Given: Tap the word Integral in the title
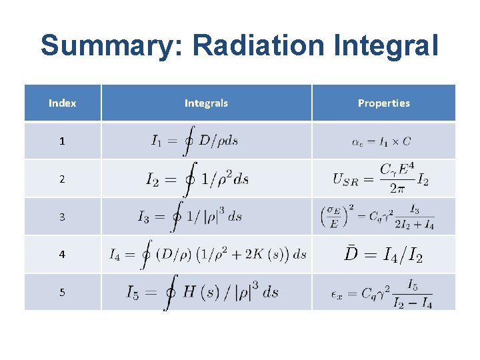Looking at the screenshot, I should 394,46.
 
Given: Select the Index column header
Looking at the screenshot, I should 63,103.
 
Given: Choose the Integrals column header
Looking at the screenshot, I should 206,103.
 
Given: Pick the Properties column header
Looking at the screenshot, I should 384,103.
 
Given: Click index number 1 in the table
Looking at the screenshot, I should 62,141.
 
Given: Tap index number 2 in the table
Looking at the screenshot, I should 62,179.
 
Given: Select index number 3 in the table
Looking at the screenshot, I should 62,217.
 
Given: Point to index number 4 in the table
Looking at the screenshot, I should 62,254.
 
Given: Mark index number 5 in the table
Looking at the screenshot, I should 62,292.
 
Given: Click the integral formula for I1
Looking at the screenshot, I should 195,141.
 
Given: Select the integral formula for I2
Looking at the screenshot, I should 197,179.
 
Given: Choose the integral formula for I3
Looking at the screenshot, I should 190,217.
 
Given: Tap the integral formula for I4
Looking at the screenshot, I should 207,254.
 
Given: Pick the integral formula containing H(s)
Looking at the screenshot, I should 203,292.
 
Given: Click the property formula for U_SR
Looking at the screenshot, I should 381,179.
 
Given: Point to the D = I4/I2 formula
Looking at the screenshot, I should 383,254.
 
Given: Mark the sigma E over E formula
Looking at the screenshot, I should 378,217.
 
